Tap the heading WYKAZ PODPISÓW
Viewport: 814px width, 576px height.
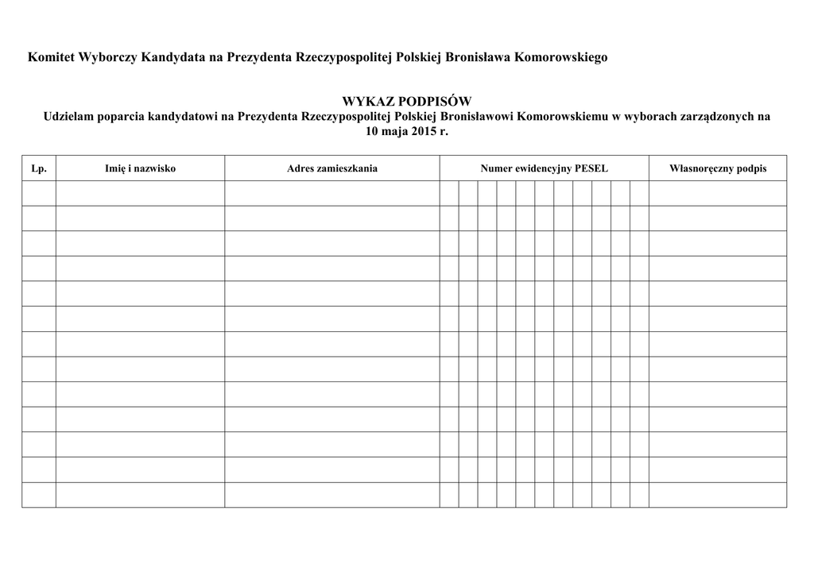(x=406, y=102)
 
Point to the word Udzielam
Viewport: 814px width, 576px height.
(x=69, y=117)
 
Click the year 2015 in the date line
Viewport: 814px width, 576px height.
(x=421, y=131)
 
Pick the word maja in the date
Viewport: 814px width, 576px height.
(x=396, y=131)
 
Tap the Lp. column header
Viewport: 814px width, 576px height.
(x=39, y=168)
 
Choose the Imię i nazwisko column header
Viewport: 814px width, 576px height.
(x=140, y=168)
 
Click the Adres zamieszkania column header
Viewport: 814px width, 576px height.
(x=332, y=168)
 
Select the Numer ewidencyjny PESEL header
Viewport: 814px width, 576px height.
(x=544, y=168)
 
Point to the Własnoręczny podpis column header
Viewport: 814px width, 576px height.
(x=718, y=168)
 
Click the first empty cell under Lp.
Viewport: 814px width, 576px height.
(x=39, y=193)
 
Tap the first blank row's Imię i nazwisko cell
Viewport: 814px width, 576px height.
(x=140, y=193)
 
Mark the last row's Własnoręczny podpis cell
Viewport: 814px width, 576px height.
(x=718, y=494)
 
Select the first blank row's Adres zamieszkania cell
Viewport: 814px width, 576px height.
(x=332, y=193)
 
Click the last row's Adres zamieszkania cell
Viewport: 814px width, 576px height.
(x=332, y=494)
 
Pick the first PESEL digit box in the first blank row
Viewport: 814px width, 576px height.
(x=449, y=193)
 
